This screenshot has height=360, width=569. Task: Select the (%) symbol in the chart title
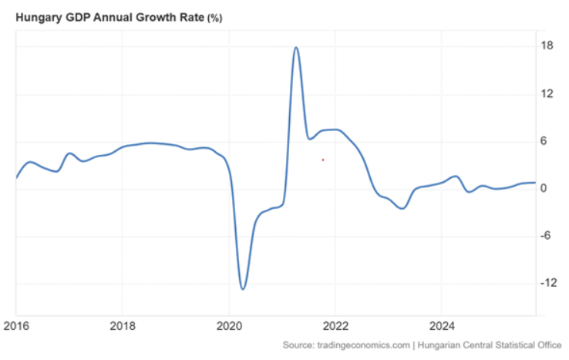[x=214, y=17]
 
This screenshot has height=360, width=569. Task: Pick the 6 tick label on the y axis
[x=544, y=141]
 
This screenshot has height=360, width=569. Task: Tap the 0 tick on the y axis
[x=544, y=189]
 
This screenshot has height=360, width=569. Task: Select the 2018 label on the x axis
[x=123, y=326]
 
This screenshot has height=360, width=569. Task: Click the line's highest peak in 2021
[x=296, y=48]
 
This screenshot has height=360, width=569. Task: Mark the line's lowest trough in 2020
[x=243, y=289]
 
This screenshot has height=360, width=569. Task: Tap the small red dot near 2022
[x=322, y=160]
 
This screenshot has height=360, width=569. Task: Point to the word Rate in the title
[x=188, y=16]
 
